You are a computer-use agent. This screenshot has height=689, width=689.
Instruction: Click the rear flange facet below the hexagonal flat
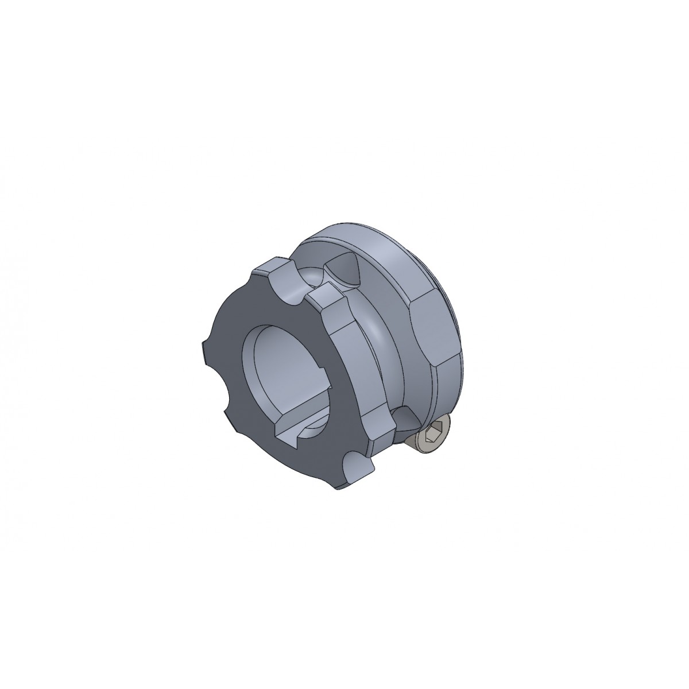click(448, 385)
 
